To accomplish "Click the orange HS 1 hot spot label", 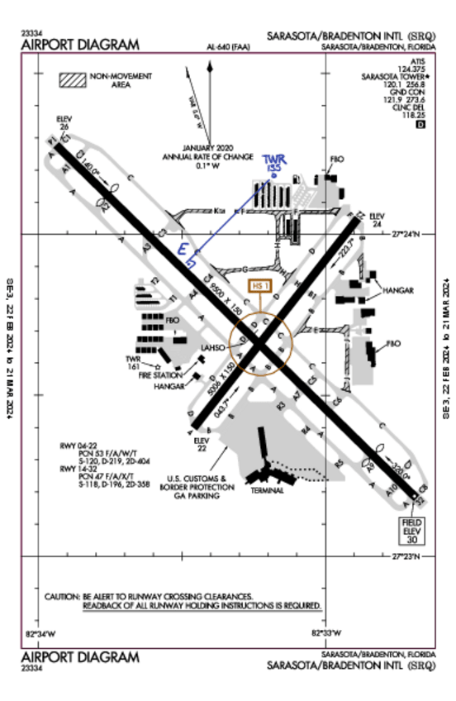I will [259, 286].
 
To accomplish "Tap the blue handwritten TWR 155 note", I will [273, 163].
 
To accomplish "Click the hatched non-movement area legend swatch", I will [73, 80].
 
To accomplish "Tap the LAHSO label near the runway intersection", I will [211, 348].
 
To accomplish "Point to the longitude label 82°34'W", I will [40, 635].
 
